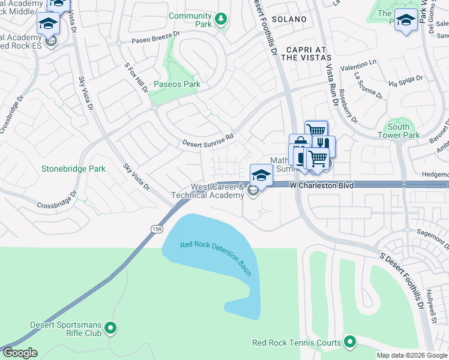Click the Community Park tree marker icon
(221, 20)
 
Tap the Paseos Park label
(177, 84)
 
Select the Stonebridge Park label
(73, 169)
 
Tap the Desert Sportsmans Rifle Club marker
(110, 328)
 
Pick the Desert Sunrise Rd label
(208, 140)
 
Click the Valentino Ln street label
(358, 65)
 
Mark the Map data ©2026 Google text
(412, 355)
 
